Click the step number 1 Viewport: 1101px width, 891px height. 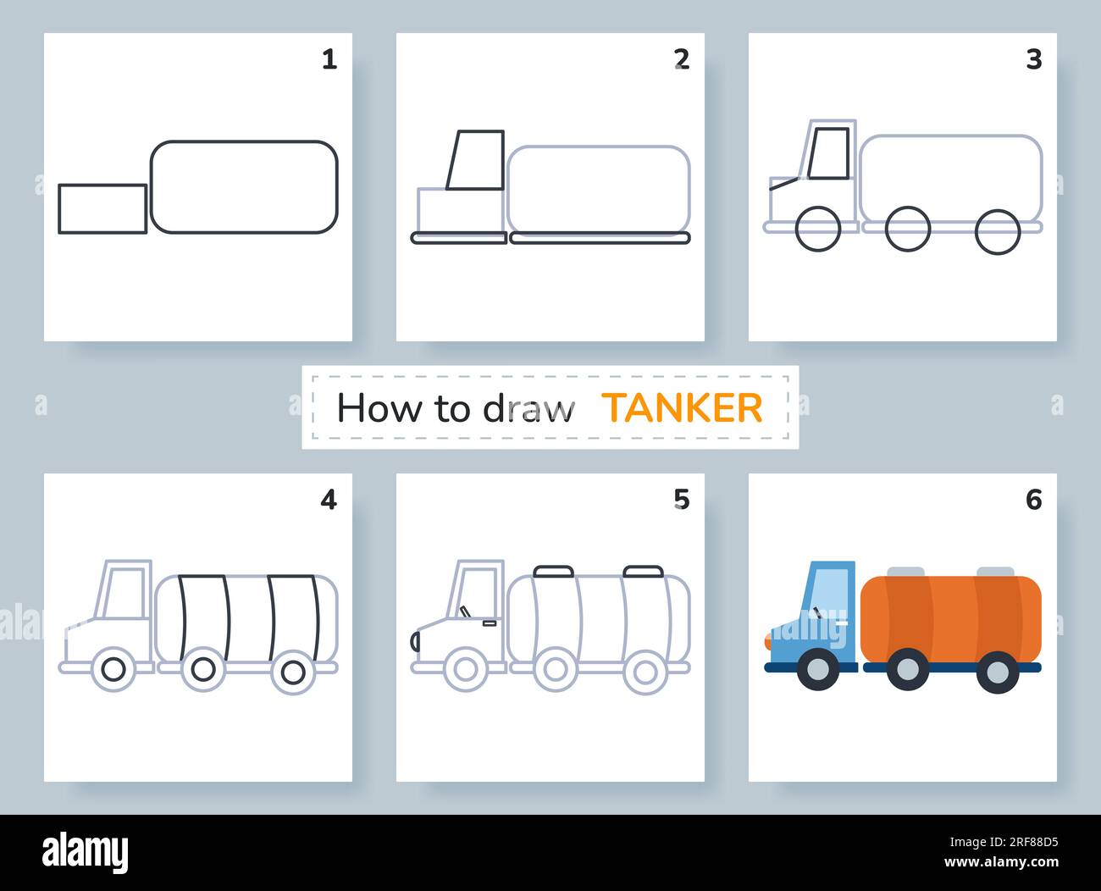click(329, 59)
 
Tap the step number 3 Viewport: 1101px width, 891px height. click(1033, 59)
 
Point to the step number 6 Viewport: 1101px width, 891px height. click(1033, 500)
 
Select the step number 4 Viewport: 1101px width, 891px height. click(329, 500)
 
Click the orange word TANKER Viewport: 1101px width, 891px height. click(682, 408)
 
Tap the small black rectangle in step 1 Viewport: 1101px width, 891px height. click(102, 208)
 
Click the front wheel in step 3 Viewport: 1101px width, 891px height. click(819, 229)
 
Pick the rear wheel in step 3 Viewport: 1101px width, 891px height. click(998, 230)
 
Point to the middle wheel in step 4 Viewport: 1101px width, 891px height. click(203, 669)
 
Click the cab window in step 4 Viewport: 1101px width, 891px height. click(126, 593)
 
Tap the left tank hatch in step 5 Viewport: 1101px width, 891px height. click(554, 572)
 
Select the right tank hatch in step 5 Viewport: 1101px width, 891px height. click(643, 572)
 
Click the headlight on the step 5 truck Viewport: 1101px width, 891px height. click(415, 641)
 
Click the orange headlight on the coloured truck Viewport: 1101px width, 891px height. click(767, 641)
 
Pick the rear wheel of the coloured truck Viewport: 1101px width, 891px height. click(998, 671)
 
